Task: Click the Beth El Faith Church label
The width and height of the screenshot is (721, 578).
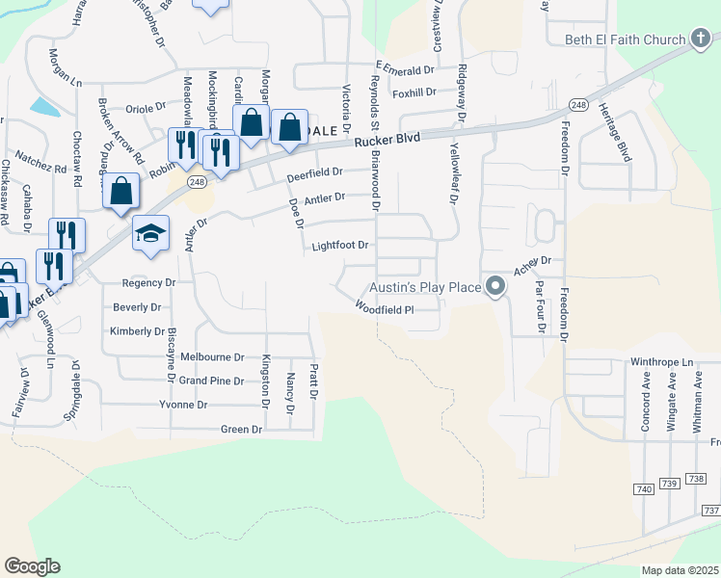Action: point(623,39)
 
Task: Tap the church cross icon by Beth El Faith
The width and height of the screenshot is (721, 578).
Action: point(702,39)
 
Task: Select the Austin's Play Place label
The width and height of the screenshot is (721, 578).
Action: point(427,286)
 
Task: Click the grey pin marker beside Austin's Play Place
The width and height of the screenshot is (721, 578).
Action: point(495,286)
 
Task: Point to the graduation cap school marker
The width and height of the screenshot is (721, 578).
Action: point(150,233)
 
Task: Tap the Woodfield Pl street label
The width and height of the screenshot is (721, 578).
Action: point(384,309)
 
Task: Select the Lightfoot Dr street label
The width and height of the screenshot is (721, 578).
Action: point(340,246)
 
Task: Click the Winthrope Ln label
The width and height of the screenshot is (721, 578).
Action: point(662,362)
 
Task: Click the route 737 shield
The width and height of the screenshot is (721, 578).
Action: point(711,510)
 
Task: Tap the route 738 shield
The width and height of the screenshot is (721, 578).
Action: point(696,479)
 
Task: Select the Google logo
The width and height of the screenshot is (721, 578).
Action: point(32,566)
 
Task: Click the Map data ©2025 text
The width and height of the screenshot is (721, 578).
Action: point(680,570)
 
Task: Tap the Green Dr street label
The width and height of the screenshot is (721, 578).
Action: point(242,429)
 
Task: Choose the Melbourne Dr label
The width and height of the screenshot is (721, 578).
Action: point(219,356)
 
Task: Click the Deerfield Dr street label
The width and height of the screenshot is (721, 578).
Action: point(315,174)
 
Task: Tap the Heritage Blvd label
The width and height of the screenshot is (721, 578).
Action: point(617,131)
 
